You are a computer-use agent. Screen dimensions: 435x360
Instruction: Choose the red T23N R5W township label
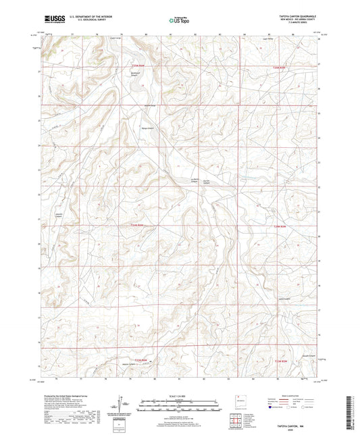point(283,363)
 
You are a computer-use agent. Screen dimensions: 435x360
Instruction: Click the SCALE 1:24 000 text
point(180,396)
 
